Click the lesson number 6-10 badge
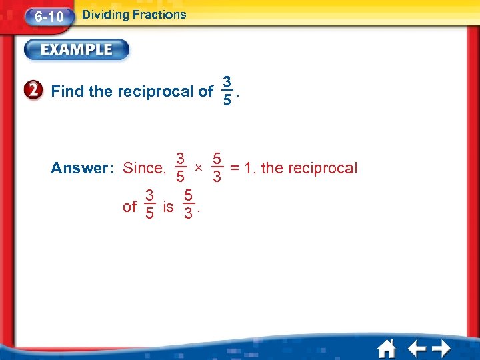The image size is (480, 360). (x=48, y=16)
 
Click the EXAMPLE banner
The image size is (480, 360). (x=77, y=49)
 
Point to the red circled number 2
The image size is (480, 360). (x=37, y=91)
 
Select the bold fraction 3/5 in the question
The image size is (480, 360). (x=227, y=91)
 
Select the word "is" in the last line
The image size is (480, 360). (x=168, y=207)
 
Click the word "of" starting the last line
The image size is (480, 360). (x=130, y=207)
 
